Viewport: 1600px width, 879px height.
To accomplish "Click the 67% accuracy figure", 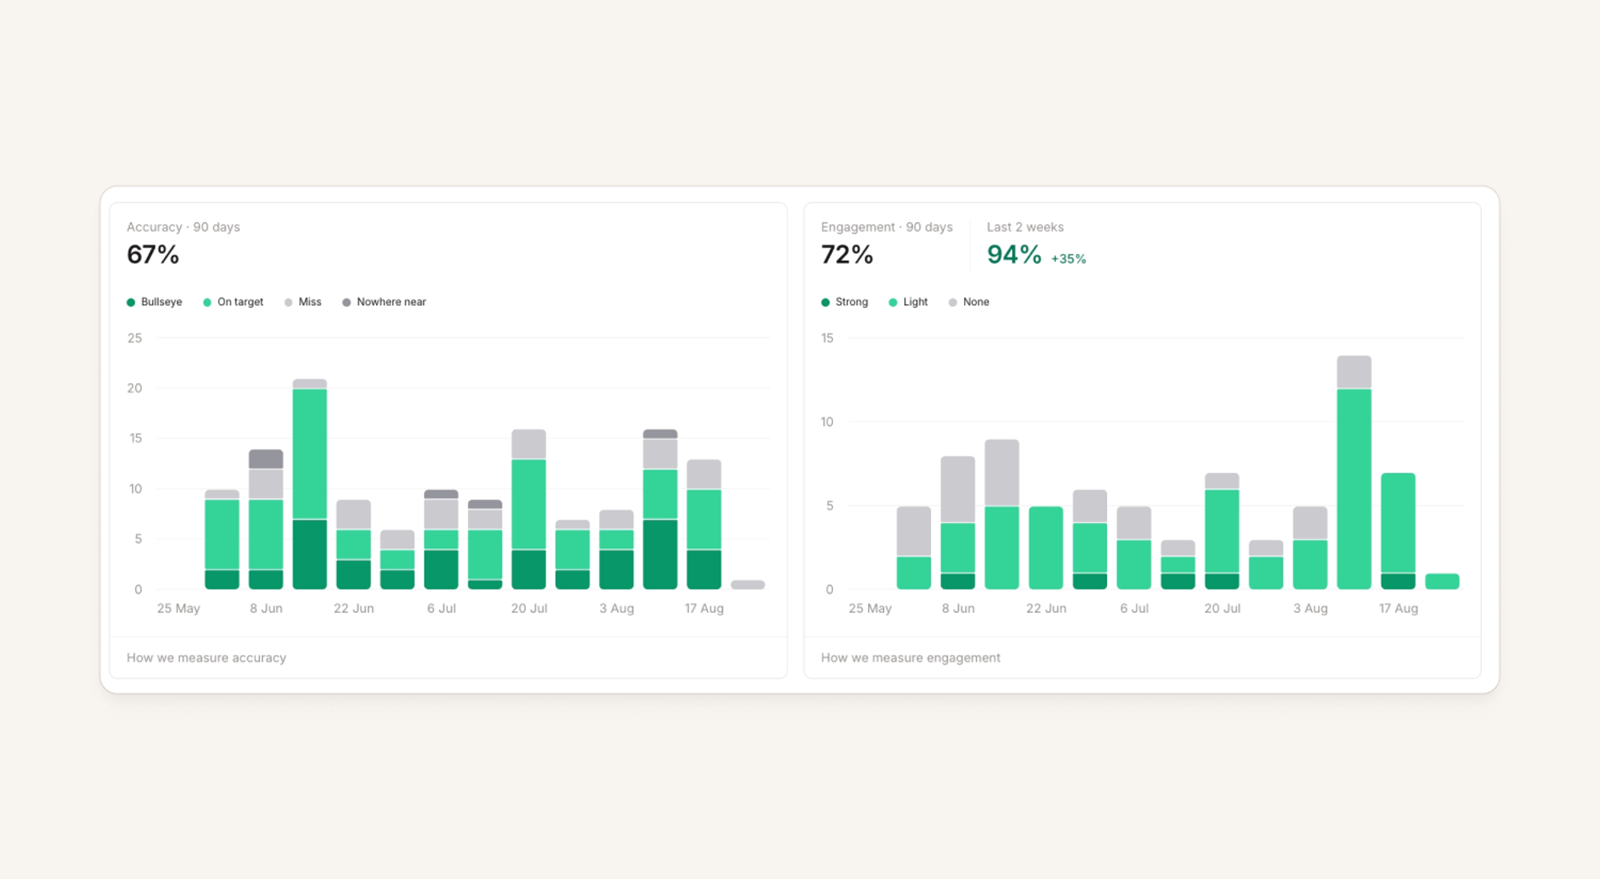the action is click(153, 254).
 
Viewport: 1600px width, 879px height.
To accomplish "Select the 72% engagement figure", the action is click(846, 254).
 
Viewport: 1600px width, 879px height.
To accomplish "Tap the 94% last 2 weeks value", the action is click(1014, 254).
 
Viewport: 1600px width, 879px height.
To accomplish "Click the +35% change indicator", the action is click(1068, 259).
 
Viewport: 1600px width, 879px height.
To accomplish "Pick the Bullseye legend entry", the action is click(154, 302).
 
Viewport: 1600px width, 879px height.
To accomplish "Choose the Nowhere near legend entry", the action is click(384, 302).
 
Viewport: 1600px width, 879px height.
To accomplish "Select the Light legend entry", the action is click(908, 302).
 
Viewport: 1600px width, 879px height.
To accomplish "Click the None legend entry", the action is click(969, 302).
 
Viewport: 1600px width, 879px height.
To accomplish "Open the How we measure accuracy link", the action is click(206, 657).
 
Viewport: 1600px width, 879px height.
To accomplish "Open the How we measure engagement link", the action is click(910, 657).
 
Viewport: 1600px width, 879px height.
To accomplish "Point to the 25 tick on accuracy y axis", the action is click(134, 338).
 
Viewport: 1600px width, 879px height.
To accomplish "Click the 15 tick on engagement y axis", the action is click(827, 338).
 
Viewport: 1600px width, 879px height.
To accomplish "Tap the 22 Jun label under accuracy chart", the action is click(354, 609).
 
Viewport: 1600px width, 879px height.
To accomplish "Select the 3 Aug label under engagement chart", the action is click(1310, 609).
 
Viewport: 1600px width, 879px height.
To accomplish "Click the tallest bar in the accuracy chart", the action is click(310, 485).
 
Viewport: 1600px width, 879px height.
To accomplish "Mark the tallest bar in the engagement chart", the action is click(1354, 473).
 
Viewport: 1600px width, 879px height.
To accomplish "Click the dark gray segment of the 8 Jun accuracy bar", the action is click(266, 459).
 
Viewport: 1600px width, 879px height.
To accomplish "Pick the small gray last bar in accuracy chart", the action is click(748, 585).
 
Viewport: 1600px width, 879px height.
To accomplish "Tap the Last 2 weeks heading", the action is click(1025, 227).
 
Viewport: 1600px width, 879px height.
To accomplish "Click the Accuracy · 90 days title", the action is click(183, 227).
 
